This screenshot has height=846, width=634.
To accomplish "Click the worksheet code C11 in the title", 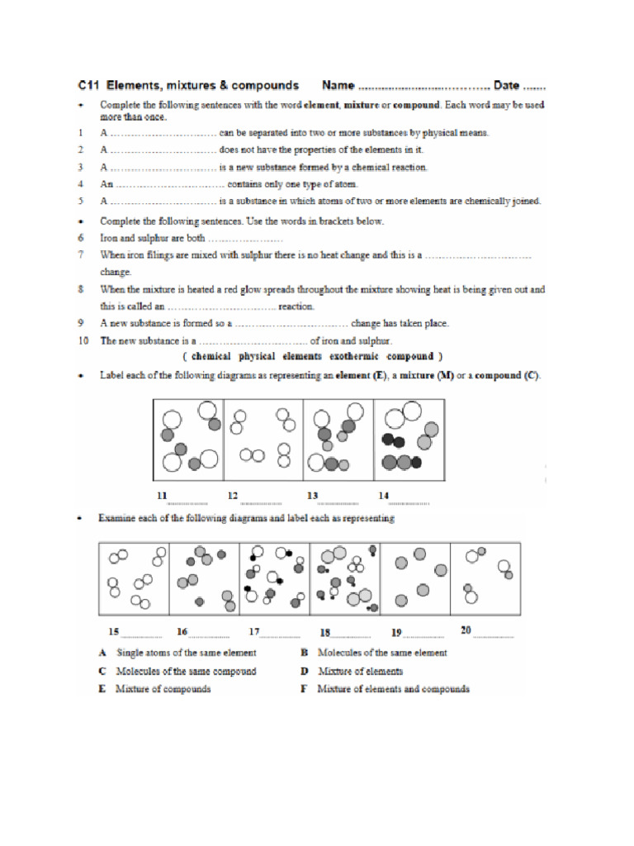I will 89,85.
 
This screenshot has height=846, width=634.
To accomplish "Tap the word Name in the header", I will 338,85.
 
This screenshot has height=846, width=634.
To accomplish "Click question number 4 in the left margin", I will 81,183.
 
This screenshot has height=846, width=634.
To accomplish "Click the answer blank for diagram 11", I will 187,501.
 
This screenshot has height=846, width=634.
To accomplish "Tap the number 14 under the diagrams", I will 383,496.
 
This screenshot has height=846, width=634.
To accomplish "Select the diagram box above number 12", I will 263,440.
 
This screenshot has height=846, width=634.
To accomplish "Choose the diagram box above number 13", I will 338,440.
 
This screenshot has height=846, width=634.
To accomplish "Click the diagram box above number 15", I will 134,579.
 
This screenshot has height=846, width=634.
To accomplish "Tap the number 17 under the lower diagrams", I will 254,632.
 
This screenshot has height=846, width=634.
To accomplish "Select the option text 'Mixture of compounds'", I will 163,689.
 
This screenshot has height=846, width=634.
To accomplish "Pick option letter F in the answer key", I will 305,689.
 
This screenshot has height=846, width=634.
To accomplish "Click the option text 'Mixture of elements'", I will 360,671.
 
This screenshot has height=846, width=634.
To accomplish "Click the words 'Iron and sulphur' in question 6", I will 130,238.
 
